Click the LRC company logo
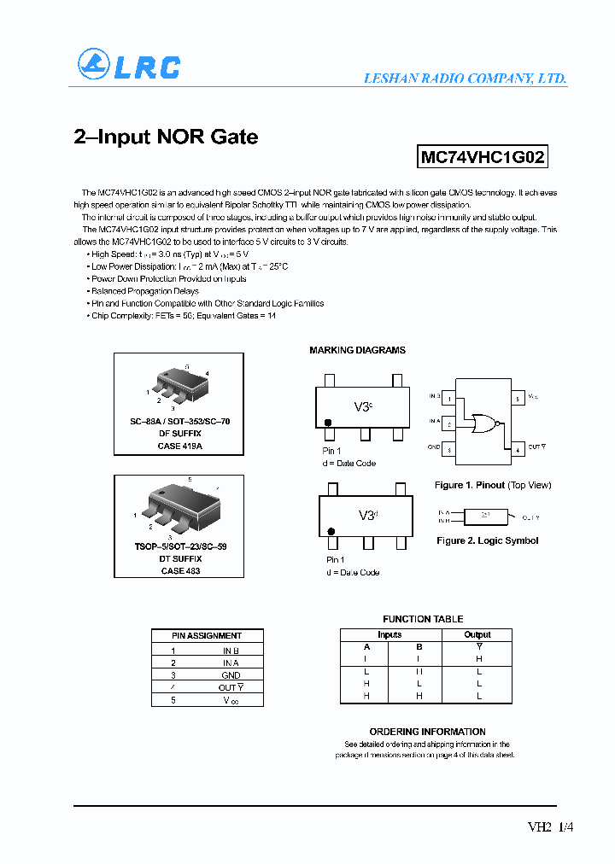tap(129, 66)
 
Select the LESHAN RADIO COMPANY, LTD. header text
tap(465, 78)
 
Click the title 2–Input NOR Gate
tap(166, 137)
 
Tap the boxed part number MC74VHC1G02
tap(482, 157)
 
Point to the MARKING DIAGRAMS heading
tap(357, 350)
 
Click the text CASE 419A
tap(179, 446)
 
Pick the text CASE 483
tap(179, 570)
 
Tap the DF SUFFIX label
tap(179, 434)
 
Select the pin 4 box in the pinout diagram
tap(518, 447)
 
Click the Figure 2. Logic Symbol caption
tap(487, 540)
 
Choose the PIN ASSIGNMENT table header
tap(207, 635)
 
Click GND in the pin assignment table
tap(231, 674)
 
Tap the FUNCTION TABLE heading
tap(423, 619)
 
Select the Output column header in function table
tap(477, 634)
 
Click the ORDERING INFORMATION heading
tap(427, 732)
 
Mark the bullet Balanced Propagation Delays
tap(141, 291)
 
